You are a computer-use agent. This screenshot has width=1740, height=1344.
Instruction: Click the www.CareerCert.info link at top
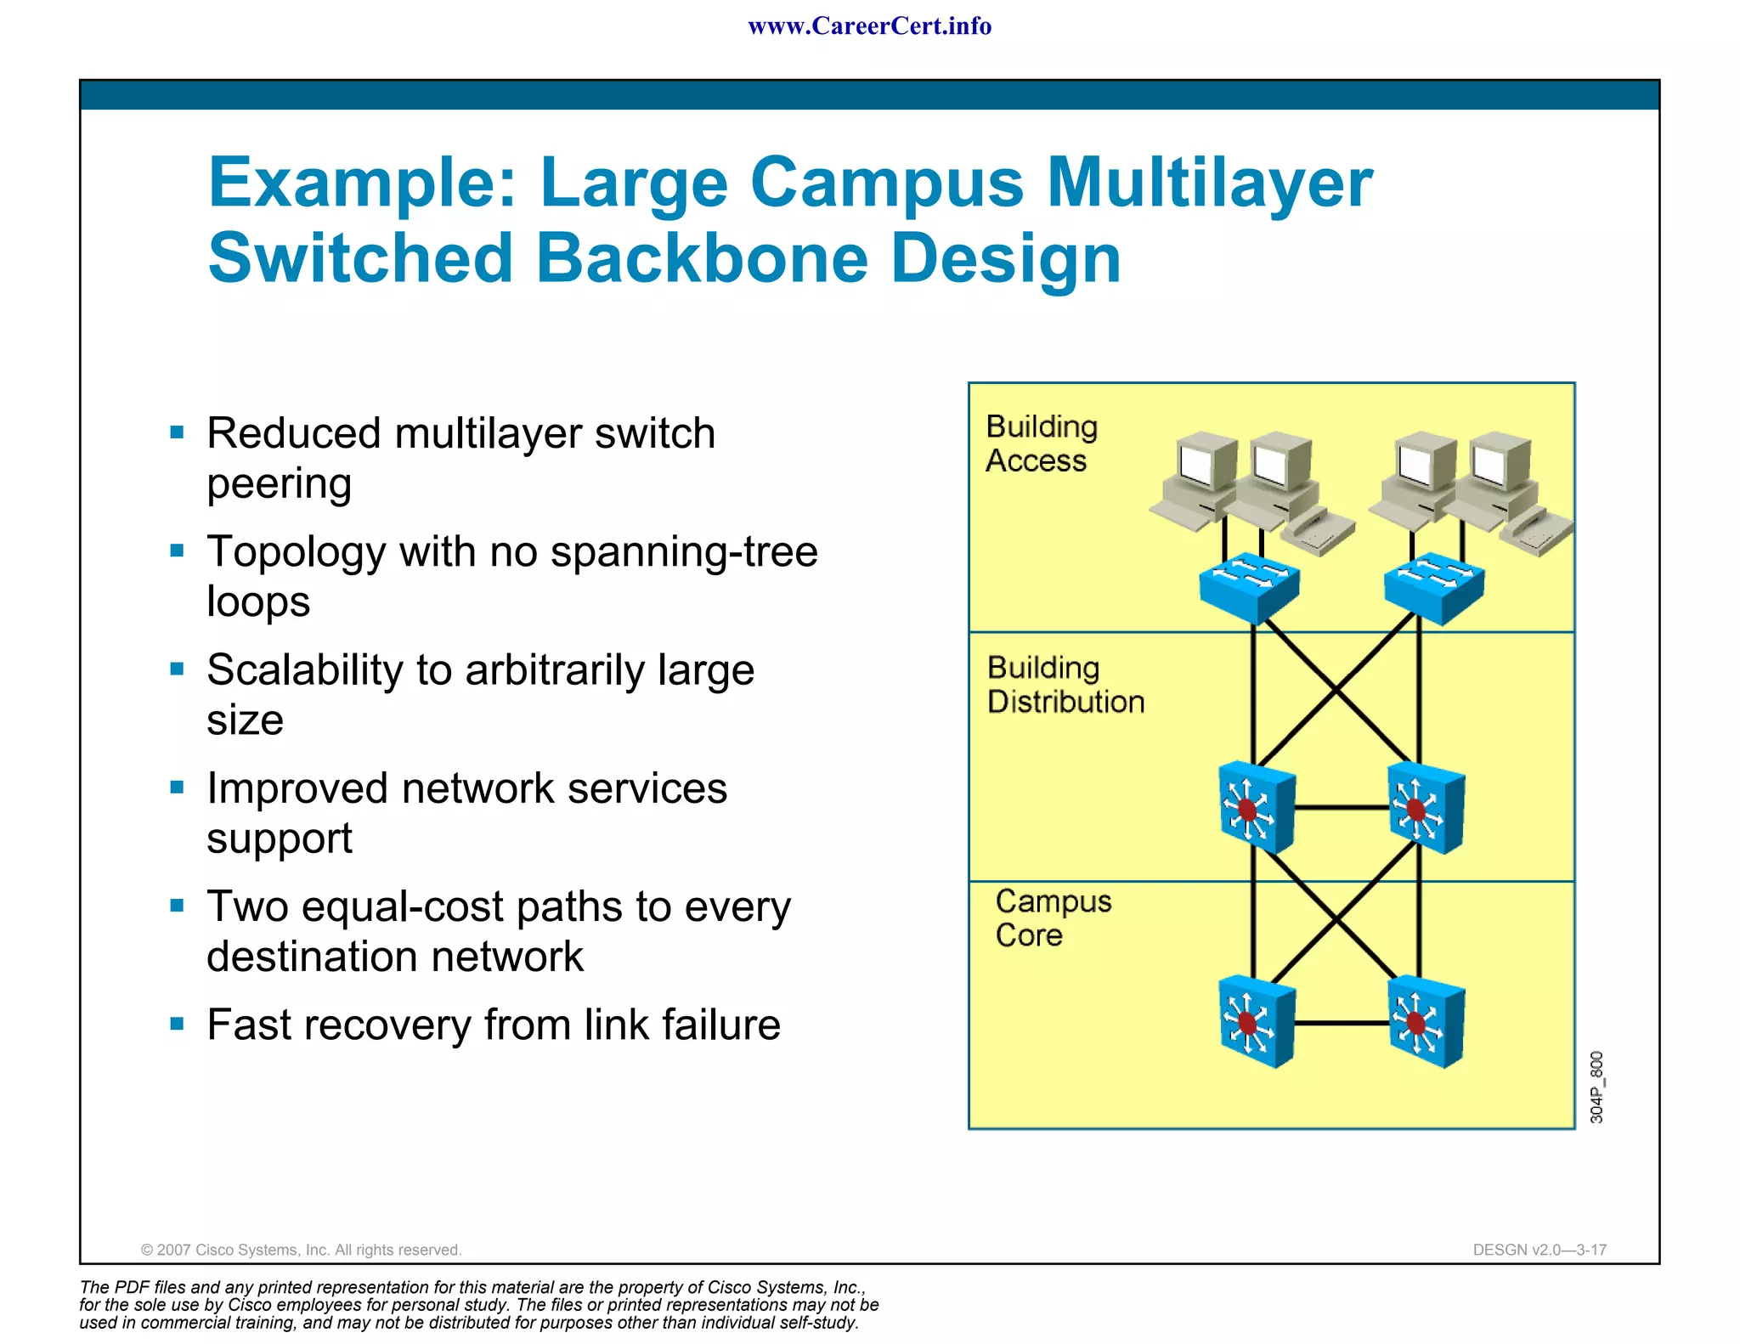(869, 26)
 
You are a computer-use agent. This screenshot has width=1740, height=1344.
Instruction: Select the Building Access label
(1041, 443)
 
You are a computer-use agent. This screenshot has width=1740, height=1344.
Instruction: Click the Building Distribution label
(1065, 685)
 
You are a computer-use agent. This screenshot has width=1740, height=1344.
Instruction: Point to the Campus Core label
(1053, 918)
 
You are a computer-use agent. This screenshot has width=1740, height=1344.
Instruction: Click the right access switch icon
(1433, 586)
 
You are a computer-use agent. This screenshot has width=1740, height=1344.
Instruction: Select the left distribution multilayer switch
(1256, 808)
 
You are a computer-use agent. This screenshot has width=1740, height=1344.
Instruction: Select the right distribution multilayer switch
(1425, 808)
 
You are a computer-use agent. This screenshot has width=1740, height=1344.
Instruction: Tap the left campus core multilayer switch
(1256, 1022)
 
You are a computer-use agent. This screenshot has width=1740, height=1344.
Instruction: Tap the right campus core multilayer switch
(1425, 1022)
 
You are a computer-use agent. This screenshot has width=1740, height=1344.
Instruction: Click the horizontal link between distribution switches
(1341, 808)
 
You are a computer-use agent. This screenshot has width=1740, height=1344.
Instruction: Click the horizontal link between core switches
(1341, 1023)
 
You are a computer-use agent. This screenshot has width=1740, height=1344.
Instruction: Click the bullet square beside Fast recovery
(177, 1023)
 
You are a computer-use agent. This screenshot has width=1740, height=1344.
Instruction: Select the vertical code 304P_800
(1596, 1087)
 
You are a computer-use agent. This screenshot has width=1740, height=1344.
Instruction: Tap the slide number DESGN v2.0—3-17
(1539, 1250)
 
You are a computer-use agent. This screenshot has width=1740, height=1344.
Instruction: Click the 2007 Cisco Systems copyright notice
(301, 1250)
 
